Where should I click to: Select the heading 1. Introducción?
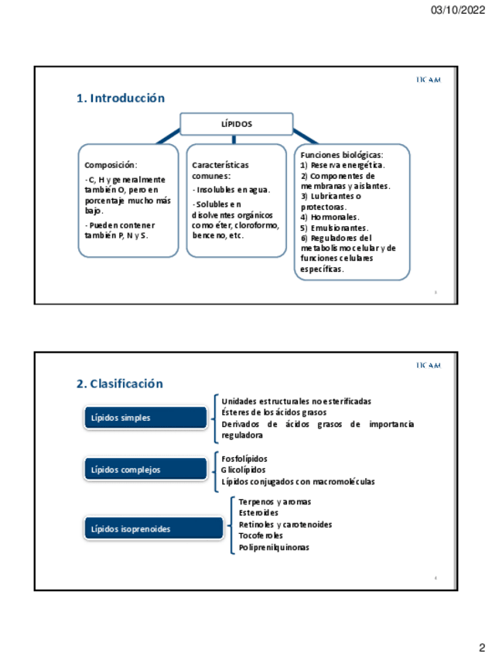pos(121,98)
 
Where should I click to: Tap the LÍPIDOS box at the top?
pos(237,124)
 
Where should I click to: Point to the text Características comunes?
pos(220,170)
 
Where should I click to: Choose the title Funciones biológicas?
pos(341,155)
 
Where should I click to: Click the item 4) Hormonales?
pos(330,218)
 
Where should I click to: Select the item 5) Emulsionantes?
pos(334,229)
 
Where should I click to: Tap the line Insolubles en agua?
pos(231,190)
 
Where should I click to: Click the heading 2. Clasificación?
pos(120,384)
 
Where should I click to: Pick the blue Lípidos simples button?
pos(145,418)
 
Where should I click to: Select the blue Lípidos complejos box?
pos(145,470)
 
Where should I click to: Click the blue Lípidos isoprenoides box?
pos(145,529)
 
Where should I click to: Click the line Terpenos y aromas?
pos(275,502)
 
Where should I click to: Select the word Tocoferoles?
pos(261,535)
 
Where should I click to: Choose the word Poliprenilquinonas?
pos(274,547)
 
